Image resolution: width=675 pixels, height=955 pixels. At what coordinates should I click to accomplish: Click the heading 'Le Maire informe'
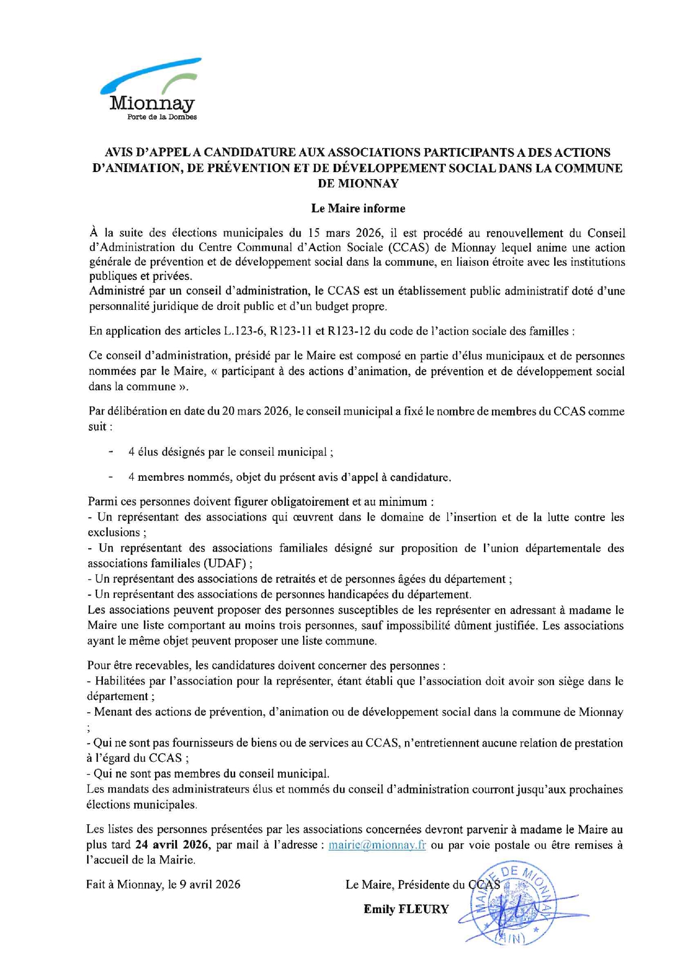click(358, 208)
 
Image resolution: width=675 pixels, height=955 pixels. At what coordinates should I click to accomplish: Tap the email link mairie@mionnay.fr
click(377, 845)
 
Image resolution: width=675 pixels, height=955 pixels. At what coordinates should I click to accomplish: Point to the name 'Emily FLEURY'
click(406, 909)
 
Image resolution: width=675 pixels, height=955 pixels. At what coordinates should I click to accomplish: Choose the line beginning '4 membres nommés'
click(290, 477)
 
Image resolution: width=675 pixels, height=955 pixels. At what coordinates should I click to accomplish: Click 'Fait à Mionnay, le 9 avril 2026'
click(163, 884)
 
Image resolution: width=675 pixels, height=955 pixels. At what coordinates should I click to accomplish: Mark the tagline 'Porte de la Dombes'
click(162, 117)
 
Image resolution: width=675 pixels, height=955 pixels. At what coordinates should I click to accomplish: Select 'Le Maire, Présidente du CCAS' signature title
click(422, 885)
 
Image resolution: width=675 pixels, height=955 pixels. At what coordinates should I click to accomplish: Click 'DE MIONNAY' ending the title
click(358, 183)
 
